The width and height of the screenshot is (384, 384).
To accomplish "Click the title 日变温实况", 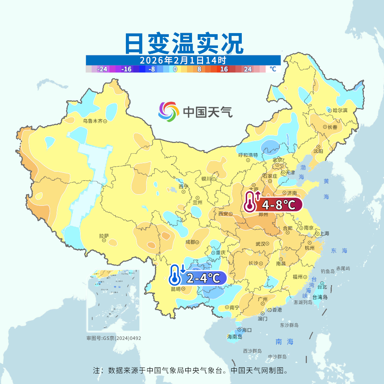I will (x=183, y=43).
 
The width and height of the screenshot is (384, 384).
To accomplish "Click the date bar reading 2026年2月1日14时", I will (x=183, y=60).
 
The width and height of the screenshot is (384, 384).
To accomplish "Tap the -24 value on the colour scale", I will (x=103, y=69).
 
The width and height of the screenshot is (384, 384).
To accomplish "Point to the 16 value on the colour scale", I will (x=224, y=69).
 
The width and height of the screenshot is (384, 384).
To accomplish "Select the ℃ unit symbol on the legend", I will (x=273, y=69).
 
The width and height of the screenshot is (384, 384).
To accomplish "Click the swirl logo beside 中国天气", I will (x=169, y=112).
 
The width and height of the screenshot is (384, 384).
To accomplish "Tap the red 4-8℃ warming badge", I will (x=273, y=205).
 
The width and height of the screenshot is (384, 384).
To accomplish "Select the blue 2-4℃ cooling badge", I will (x=198, y=278).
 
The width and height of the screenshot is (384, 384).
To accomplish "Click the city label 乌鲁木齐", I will (x=92, y=121).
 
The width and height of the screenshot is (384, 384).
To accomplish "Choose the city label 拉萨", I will (x=104, y=236).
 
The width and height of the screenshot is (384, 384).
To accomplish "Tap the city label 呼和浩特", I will (x=248, y=155).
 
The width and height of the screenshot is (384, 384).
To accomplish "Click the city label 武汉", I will (x=261, y=244).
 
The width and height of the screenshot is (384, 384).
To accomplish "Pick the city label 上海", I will (x=324, y=234).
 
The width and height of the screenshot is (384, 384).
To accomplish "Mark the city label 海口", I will (x=247, y=330).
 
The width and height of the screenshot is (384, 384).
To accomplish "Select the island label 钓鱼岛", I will (x=327, y=271).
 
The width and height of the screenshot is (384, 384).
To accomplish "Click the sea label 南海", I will (x=284, y=342).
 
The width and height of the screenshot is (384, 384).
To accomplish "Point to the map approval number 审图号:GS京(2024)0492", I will (x=113, y=338).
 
